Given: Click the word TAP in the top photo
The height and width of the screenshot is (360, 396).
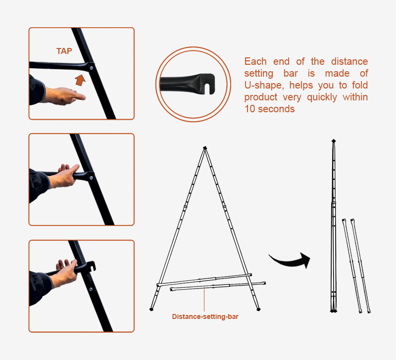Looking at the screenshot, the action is coord(64,51).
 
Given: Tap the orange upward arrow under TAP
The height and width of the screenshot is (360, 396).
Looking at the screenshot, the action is coord(80,80).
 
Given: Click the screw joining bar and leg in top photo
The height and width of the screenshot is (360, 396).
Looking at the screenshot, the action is coord(91,68).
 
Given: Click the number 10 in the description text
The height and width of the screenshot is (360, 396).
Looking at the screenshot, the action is coord(250,109).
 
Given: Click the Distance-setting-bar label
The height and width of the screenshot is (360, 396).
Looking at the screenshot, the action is coord(205,316).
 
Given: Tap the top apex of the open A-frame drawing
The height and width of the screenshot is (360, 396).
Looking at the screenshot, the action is coord(205,148).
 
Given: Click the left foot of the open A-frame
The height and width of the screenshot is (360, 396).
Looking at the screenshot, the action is coord(151,309).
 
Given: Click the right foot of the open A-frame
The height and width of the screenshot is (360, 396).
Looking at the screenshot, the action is coord(258,309).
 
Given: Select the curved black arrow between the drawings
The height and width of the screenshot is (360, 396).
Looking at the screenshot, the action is coord(291,262).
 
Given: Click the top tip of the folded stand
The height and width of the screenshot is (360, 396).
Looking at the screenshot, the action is coord(334,140).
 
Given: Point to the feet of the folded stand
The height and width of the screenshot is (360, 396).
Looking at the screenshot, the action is coord(334,311).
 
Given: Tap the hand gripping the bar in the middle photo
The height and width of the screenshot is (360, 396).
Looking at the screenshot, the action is coord(65,176).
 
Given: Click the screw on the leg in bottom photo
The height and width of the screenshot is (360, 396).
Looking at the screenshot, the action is coord(91,289).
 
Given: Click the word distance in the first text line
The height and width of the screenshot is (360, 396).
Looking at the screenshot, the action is coord(349,61).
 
